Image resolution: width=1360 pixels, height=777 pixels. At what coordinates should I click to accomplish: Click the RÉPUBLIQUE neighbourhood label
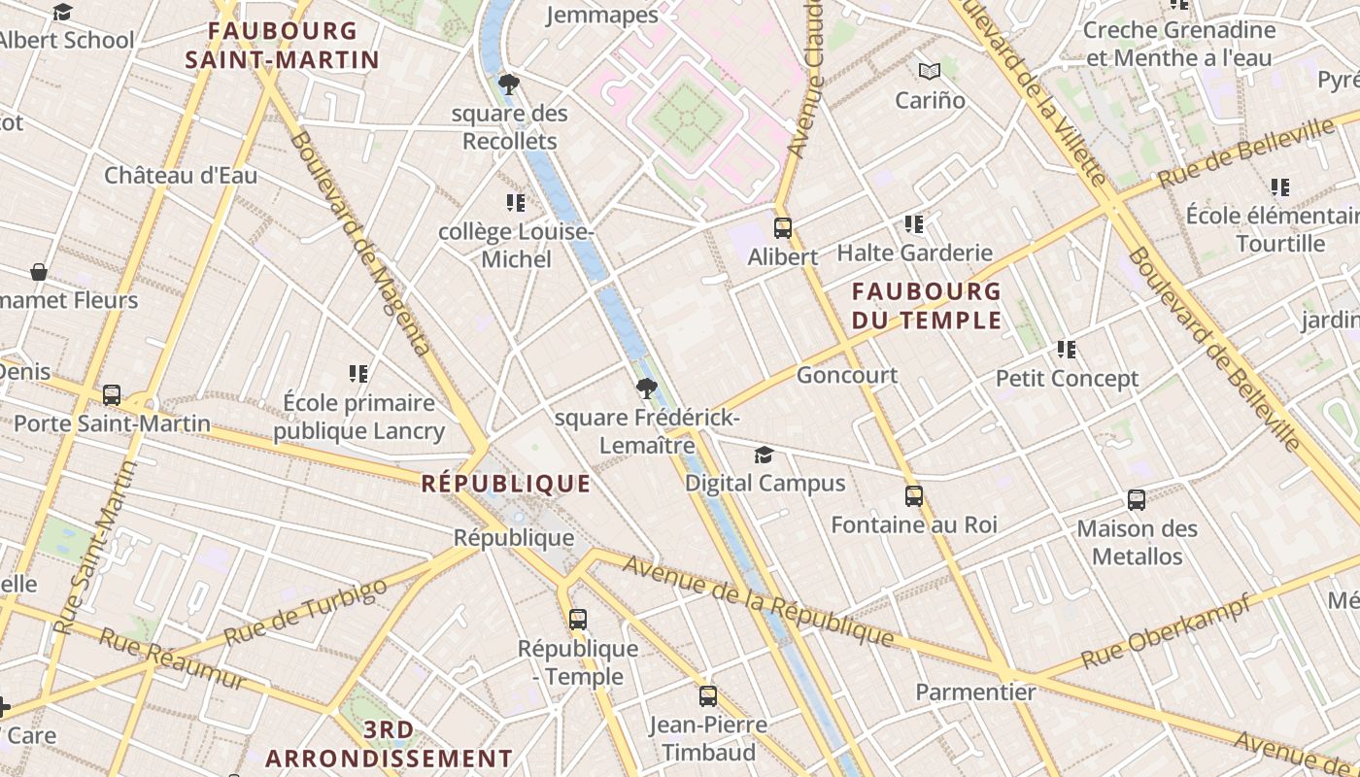(x=506, y=484)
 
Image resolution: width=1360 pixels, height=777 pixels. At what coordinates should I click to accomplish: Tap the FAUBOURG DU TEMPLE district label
(x=927, y=305)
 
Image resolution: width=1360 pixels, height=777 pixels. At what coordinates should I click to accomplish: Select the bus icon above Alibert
(x=783, y=228)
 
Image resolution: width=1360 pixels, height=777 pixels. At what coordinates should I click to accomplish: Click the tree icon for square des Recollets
(x=508, y=84)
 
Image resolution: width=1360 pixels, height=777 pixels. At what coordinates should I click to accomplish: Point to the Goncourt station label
(x=847, y=375)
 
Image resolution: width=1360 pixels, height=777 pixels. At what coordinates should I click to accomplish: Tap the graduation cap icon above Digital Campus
(x=765, y=455)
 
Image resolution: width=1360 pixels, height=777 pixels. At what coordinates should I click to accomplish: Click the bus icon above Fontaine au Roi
(x=914, y=496)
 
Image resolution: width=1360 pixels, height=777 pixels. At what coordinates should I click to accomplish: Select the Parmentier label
(x=975, y=693)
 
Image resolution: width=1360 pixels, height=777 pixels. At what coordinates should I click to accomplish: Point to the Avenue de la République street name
(x=758, y=600)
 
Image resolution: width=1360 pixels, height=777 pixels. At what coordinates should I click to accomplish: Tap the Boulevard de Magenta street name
(x=359, y=243)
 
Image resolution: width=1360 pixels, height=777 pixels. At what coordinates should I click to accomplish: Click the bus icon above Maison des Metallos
(x=1137, y=500)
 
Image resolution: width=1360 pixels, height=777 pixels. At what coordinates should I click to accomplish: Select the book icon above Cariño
(x=930, y=71)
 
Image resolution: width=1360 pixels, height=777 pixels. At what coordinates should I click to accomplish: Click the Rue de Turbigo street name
(x=305, y=612)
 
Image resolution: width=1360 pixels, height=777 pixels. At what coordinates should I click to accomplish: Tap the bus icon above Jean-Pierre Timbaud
(x=708, y=696)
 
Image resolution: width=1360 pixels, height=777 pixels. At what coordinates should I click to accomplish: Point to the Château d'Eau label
(x=181, y=176)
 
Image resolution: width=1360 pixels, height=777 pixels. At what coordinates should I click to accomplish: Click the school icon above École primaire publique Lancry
(x=358, y=374)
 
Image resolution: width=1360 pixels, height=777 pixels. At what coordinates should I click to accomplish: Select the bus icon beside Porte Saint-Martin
(x=112, y=395)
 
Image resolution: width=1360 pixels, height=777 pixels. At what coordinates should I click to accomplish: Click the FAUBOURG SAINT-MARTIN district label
(x=283, y=45)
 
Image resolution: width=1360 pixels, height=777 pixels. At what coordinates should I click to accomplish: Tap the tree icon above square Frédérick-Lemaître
(x=646, y=389)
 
